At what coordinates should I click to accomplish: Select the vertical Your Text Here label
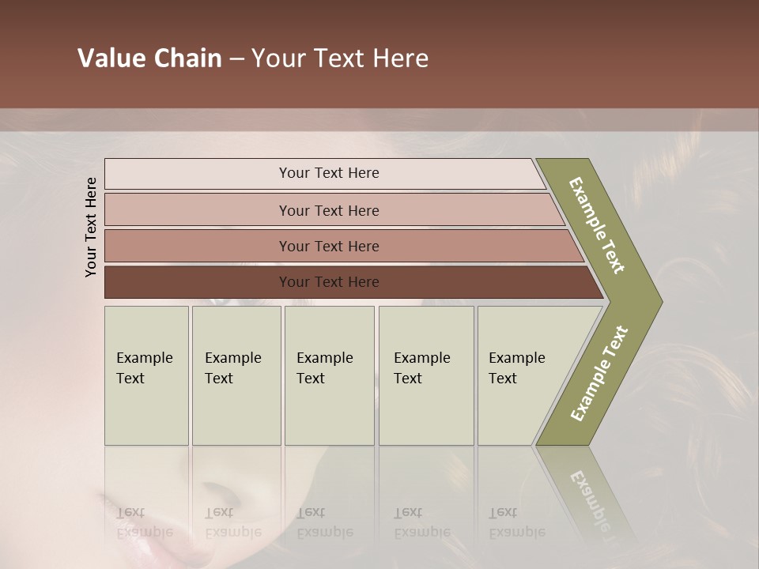point(91,227)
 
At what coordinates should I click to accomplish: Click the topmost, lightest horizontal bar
point(328,173)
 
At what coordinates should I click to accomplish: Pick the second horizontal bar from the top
point(328,210)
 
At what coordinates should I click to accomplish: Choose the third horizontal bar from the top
point(328,246)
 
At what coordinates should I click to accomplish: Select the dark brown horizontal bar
point(328,281)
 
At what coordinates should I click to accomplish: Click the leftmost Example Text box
point(146,375)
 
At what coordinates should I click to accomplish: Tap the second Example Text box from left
point(236,375)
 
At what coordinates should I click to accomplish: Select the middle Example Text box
point(329,375)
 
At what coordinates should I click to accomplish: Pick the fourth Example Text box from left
point(426,375)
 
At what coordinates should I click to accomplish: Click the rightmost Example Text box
point(518,375)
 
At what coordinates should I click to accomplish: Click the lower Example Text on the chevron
point(599,373)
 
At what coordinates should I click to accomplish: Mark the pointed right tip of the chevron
point(660,302)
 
